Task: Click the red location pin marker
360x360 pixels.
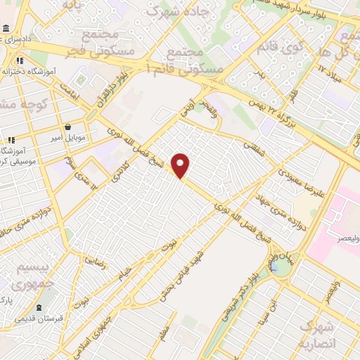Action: coord(181,165)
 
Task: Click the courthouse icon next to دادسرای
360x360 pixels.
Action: coord(6,30)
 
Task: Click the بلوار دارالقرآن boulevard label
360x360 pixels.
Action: coord(112,84)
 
